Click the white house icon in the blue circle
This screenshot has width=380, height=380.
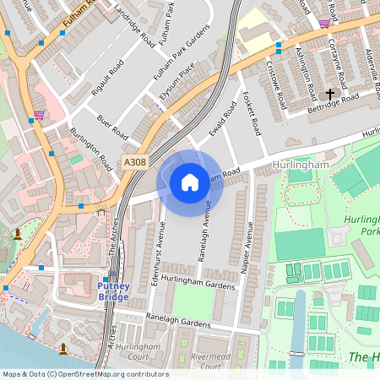[190, 182]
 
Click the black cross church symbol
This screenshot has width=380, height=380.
[329, 93]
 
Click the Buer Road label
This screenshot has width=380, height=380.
[112, 127]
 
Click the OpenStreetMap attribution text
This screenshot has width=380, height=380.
[84, 374]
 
